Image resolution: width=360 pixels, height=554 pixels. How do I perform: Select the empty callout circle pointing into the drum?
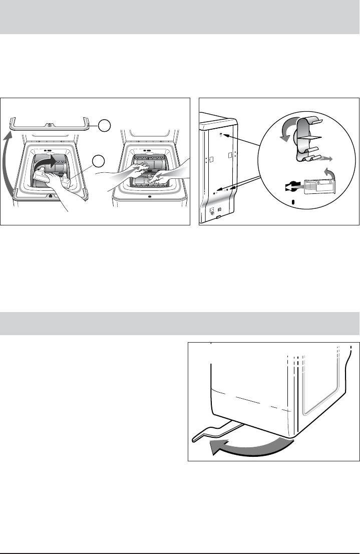pyautogui.click(x=99, y=161)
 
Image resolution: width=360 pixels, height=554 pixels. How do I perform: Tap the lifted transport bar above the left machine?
pyautogui.click(x=50, y=122)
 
